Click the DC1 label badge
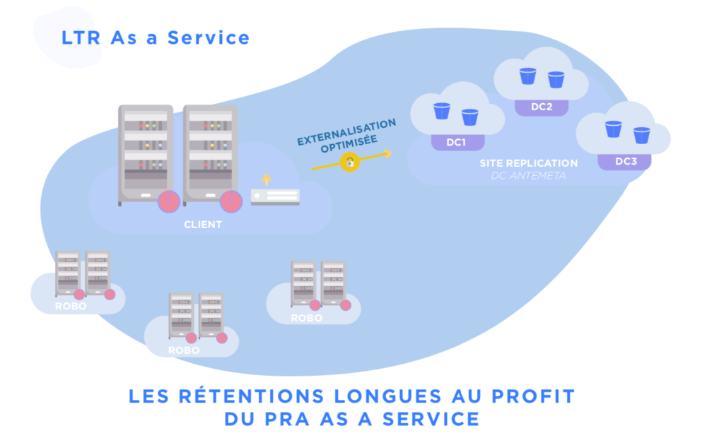(457, 142)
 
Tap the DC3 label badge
(626, 162)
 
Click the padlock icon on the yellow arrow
(349, 162)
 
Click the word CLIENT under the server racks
(203, 225)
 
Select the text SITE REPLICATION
(528, 163)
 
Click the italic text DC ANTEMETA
(528, 175)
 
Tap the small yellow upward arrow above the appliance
(267, 179)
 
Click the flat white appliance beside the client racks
(275, 197)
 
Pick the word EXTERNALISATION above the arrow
(346, 131)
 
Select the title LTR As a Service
(156, 37)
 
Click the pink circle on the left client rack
(169, 201)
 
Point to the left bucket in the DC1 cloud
(442, 111)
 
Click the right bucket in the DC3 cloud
(641, 135)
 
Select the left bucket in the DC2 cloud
(527, 76)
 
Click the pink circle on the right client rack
(230, 201)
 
